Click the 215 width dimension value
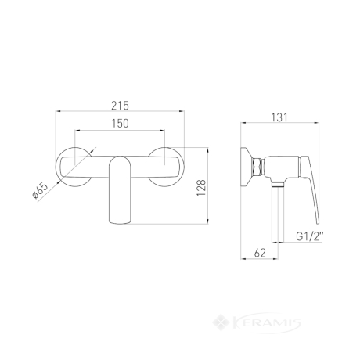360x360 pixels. [x=120, y=106]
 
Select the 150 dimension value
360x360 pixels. [x=120, y=124]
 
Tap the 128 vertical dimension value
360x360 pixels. [x=201, y=188]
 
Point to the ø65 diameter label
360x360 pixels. [x=40, y=192]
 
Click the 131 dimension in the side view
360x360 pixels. [x=279, y=117]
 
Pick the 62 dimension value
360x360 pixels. [x=260, y=253]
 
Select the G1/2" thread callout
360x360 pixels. [x=310, y=236]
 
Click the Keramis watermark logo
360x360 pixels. [x=257, y=323]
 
